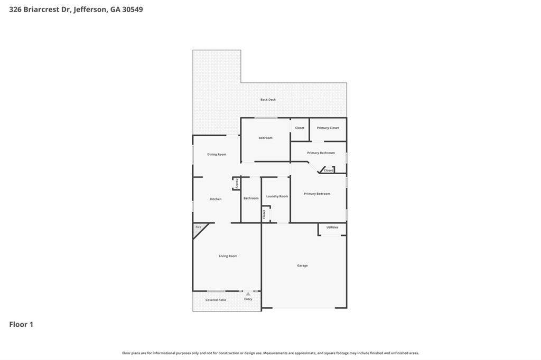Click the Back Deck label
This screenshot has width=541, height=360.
point(268,100)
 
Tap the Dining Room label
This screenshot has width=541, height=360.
point(217,155)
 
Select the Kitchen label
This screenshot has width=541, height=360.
point(216,199)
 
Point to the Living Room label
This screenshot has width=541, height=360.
point(228,256)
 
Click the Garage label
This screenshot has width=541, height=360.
point(302,266)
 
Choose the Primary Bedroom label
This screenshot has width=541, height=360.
point(317,194)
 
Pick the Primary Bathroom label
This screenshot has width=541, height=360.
point(321,153)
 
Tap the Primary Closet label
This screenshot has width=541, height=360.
point(328,128)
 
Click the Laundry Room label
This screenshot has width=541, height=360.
point(277,196)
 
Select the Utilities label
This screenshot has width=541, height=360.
point(332,227)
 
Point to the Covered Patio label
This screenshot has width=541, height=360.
point(216,300)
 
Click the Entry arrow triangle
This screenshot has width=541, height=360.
point(248,294)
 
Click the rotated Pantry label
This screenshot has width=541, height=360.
point(237,184)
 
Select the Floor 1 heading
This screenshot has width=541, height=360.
point(21,325)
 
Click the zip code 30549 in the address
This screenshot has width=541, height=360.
point(133,10)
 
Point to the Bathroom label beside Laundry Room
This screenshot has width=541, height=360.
point(251,198)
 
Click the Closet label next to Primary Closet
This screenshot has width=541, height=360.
point(300,128)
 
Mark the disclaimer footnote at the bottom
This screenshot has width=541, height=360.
point(270,353)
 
